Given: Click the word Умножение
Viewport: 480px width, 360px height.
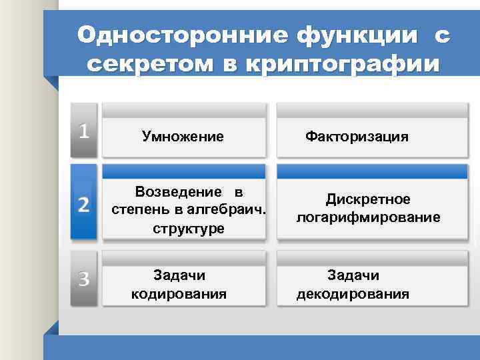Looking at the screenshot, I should (183, 137).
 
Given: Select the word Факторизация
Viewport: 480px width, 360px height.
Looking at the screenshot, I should (357, 137).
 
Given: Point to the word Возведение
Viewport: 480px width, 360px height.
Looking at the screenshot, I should (179, 193).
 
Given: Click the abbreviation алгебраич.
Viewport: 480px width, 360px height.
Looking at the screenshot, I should (231, 210).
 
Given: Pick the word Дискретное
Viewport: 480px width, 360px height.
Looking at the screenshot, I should (368, 199).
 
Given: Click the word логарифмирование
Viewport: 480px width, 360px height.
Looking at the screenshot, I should (368, 217).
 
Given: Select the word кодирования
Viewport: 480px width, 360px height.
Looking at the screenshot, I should (179, 293).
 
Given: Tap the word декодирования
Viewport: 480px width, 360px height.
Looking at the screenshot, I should (353, 293).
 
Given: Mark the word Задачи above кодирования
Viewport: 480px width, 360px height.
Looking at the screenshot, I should (179, 275).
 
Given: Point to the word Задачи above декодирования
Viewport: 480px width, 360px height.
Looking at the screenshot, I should (353, 275).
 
